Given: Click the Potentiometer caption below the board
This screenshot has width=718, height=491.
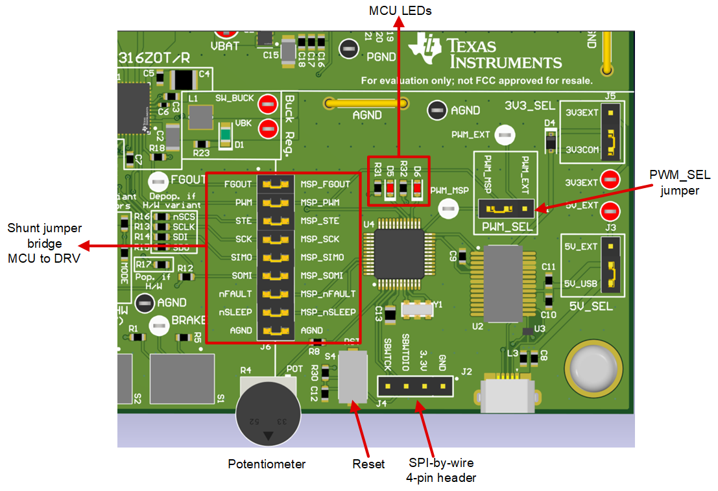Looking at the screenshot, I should (x=266, y=464).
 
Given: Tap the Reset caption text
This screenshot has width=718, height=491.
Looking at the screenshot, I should (x=368, y=464).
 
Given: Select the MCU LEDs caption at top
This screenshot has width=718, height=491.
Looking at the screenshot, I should (x=400, y=11).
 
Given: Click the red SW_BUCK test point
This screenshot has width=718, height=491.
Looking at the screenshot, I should (x=267, y=104).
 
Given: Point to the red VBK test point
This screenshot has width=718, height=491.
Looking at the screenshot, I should (x=267, y=128).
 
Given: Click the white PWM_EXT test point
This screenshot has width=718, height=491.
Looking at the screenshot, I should (x=505, y=136).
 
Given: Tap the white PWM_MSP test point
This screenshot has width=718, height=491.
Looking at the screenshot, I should (x=448, y=209).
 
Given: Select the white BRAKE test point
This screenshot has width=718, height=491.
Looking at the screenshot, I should (x=158, y=326).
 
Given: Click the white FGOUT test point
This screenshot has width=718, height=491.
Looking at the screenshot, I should (x=158, y=182).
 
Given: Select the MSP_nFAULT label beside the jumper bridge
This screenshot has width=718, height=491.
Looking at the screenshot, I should (x=328, y=294).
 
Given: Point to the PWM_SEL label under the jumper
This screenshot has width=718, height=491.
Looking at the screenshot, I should (x=505, y=227).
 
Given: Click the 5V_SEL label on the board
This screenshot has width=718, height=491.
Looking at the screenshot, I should (x=590, y=306).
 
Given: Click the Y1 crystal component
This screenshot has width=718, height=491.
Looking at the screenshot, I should (x=416, y=310).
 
